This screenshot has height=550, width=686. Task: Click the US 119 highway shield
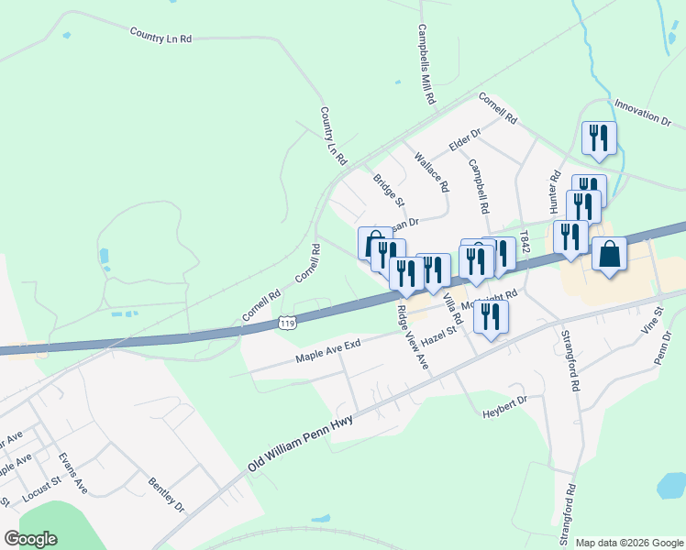[287, 323]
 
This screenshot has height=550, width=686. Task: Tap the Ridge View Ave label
[413, 337]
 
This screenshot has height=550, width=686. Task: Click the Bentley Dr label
[167, 494]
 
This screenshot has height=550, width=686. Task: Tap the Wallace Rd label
[432, 171]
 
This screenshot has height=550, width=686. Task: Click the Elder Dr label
[465, 141]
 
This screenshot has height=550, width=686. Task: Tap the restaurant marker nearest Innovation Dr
[599, 138]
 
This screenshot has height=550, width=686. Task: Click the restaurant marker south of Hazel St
[491, 317]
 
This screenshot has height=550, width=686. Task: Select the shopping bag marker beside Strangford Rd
[609, 253]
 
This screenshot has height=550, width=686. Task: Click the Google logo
[30, 539]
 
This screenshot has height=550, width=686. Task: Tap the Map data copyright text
[629, 543]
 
